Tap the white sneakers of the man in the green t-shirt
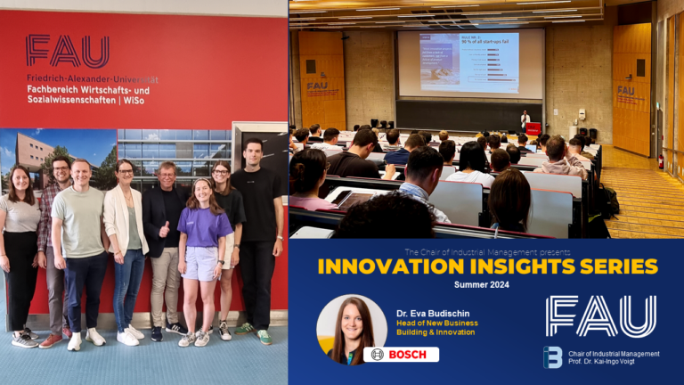tap(85, 338)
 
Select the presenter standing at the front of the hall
tap(525, 120)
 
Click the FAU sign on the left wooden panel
tap(317, 86)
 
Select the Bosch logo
tap(401, 355)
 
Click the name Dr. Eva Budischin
tap(435, 313)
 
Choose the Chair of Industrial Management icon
tap(552, 357)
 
